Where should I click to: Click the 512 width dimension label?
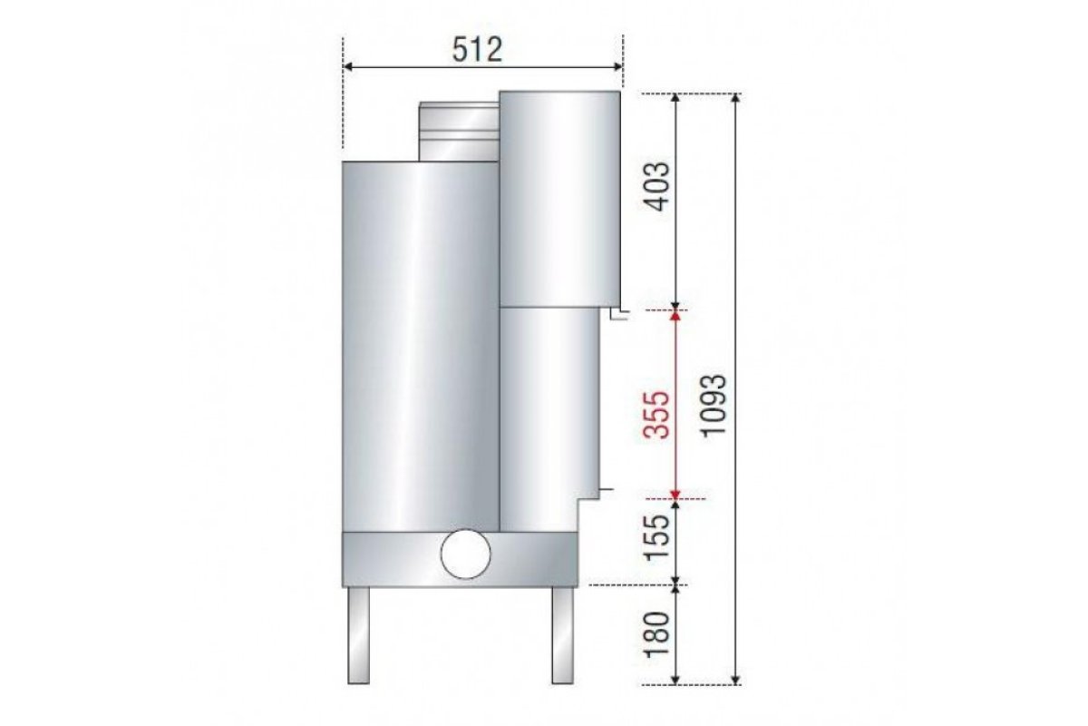click(477, 50)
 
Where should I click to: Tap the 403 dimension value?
click(658, 186)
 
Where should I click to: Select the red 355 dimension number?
click(658, 415)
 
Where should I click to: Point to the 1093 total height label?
click(714, 405)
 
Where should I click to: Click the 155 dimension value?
click(658, 537)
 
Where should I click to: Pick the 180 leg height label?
click(658, 634)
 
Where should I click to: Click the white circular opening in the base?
click(465, 554)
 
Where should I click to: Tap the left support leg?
click(358, 635)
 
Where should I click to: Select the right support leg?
click(562, 635)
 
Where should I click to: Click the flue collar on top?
click(459, 132)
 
